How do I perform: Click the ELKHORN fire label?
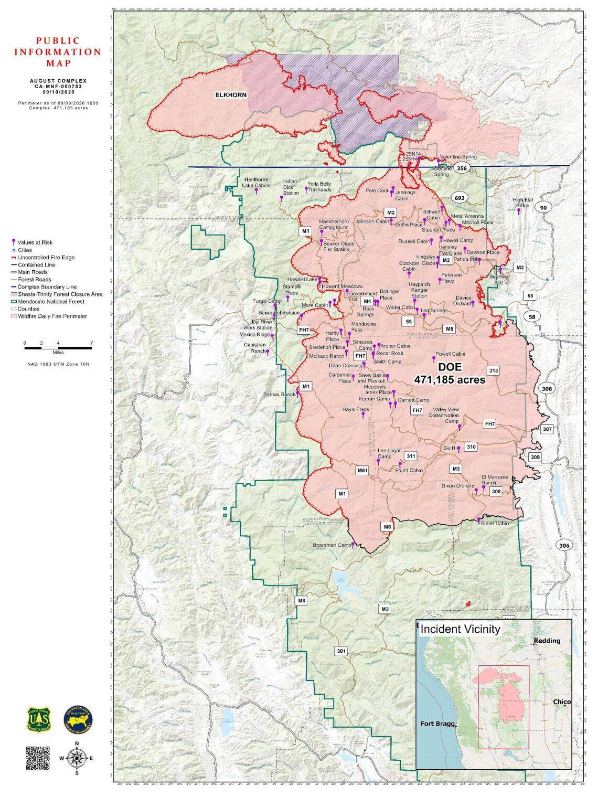click(230, 95)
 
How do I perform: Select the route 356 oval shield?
click(461, 168)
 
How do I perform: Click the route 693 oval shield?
click(460, 198)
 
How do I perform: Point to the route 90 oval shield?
click(543, 208)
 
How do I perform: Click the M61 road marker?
click(362, 471)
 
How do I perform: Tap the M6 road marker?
click(387, 526)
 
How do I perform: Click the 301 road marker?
click(341, 651)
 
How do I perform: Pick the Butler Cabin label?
click(495, 523)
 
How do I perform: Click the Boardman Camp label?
click(332, 545)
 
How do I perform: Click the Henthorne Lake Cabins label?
click(256, 183)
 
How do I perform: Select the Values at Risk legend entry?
click(35, 242)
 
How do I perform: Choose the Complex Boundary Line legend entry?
click(47, 287)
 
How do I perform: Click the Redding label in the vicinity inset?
click(547, 641)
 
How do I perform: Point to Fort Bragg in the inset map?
click(438, 724)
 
